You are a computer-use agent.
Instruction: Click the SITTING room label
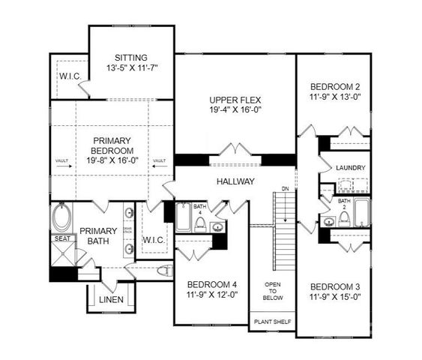pyautogui.click(x=131, y=57)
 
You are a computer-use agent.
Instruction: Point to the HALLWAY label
pyautogui.click(x=235, y=181)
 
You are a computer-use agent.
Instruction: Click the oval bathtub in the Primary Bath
pyautogui.click(x=61, y=219)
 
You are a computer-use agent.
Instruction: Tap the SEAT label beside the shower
pyautogui.click(x=61, y=239)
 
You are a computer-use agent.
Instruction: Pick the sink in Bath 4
pyautogui.click(x=217, y=227)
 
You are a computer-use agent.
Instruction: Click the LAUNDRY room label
pyautogui.click(x=351, y=168)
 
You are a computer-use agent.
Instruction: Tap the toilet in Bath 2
pyautogui.click(x=344, y=218)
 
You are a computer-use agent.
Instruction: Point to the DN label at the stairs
pyautogui.click(x=284, y=188)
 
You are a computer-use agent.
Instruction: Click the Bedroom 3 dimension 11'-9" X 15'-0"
pyautogui.click(x=335, y=296)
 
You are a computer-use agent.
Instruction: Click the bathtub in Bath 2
pyautogui.click(x=361, y=212)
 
